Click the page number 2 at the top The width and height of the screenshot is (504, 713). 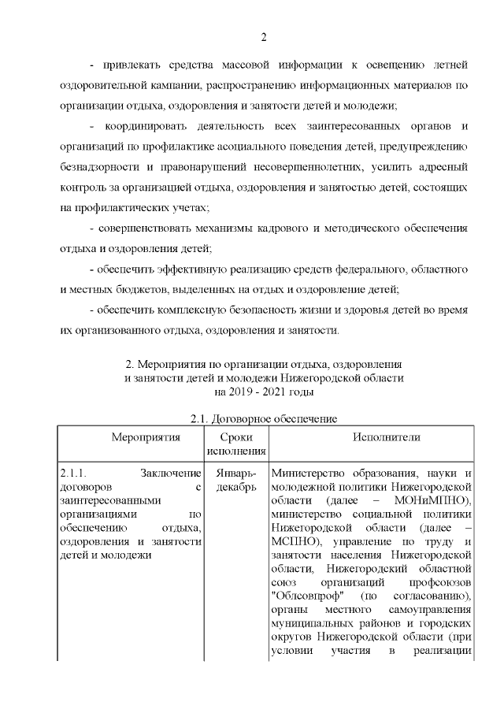pos(264,36)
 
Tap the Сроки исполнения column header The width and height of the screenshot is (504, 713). pos(235,444)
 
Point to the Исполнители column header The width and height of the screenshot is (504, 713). pos(370,438)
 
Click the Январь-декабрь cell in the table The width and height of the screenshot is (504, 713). pos(235,480)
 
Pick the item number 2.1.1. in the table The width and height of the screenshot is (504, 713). pos(77,473)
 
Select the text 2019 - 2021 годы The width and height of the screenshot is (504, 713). pos(264,391)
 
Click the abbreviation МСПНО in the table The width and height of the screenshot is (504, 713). pos(295,544)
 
